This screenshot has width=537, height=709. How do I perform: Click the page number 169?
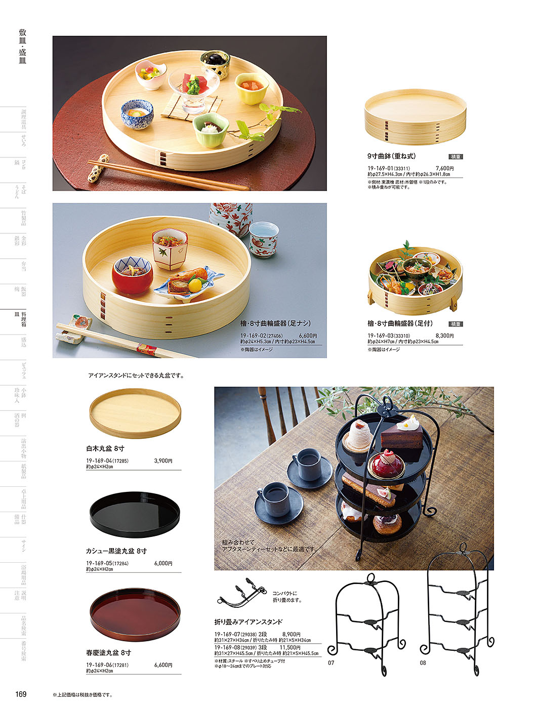[21, 694]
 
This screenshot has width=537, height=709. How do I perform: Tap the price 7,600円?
[444, 169]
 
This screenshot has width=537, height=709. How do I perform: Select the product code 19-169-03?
[380, 336]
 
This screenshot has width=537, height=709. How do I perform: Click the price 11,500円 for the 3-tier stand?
[290, 647]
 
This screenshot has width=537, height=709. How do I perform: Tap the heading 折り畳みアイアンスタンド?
[248, 622]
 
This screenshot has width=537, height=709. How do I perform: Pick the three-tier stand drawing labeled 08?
[457, 607]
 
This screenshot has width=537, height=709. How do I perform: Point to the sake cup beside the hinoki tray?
[263, 239]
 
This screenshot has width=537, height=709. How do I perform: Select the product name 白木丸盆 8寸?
[105, 448]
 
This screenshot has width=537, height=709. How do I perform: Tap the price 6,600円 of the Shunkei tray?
[163, 665]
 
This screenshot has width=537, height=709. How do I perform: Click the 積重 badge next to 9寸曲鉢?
[456, 157]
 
